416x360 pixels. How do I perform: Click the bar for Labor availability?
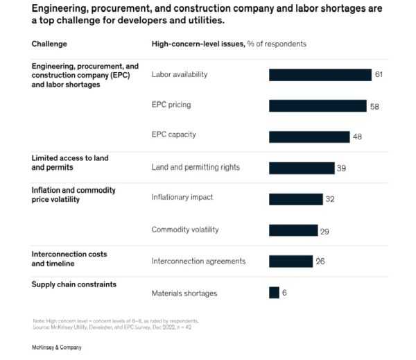(320, 75)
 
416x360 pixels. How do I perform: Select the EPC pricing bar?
(318, 105)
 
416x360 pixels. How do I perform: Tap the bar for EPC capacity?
(309, 137)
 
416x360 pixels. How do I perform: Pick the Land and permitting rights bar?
(302, 168)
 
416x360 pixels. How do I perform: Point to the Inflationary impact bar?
(296, 199)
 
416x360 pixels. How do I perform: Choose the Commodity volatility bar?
(293, 230)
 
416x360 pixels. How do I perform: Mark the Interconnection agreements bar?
(291, 262)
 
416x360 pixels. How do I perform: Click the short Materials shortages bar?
(274, 293)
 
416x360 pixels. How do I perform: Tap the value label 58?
(374, 106)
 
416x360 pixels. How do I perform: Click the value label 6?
(284, 293)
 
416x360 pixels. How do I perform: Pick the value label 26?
(320, 262)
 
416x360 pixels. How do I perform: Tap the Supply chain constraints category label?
(73, 284)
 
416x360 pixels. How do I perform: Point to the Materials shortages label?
(184, 293)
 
